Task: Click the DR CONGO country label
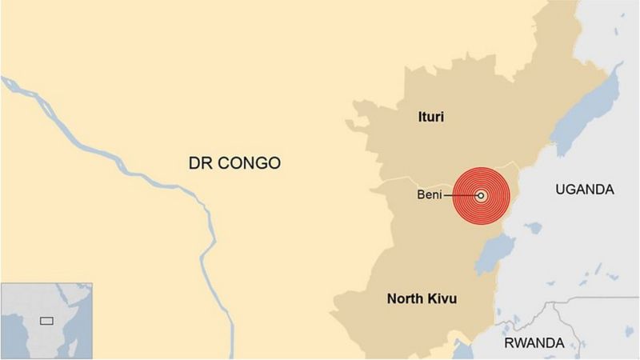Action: [x=234, y=164]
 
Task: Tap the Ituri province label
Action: [x=430, y=118]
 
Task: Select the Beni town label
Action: [x=431, y=195]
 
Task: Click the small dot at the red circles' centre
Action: [x=481, y=195]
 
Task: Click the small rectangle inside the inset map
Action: [x=47, y=320]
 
